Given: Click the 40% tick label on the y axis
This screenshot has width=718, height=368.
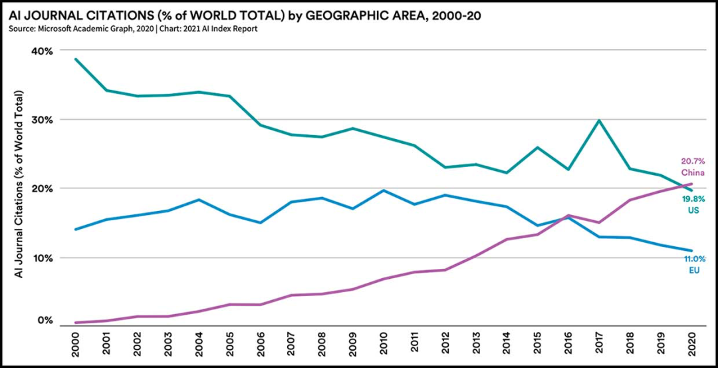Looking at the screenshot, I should (x=41, y=51).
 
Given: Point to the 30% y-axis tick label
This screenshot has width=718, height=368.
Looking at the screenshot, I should (x=41, y=120).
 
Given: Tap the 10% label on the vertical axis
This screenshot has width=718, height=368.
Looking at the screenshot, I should (x=41, y=258).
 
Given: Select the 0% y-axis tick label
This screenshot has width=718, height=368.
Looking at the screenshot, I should (x=44, y=320).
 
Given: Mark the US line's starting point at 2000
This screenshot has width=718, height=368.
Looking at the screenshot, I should (x=77, y=59).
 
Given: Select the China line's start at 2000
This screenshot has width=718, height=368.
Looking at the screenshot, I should (x=77, y=323).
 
